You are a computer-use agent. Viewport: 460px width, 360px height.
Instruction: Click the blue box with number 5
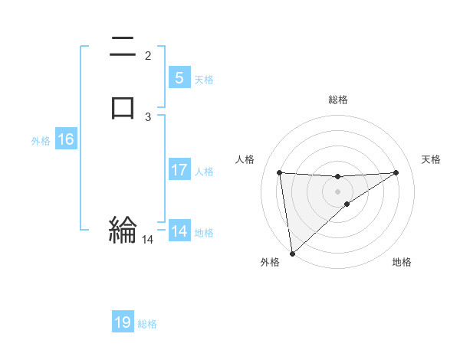click(x=179, y=77)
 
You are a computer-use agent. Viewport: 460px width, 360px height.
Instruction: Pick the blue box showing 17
click(x=179, y=170)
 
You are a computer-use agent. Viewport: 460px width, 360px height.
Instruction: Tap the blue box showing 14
click(x=179, y=231)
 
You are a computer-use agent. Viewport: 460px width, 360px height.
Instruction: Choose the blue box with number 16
click(x=66, y=139)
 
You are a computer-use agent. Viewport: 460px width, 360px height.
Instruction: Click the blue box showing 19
click(x=123, y=322)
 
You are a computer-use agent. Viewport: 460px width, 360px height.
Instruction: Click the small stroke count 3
click(x=148, y=116)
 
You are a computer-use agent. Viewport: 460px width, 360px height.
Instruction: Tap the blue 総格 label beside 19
click(x=147, y=324)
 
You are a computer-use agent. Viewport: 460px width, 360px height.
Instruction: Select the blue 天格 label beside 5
click(x=204, y=79)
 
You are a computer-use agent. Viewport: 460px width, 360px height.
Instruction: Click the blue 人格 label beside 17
click(x=204, y=172)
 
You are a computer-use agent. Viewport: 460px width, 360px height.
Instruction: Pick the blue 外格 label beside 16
click(x=41, y=141)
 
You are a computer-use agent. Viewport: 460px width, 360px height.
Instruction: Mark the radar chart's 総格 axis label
click(x=338, y=100)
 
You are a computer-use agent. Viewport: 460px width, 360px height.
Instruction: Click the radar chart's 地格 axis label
click(x=402, y=262)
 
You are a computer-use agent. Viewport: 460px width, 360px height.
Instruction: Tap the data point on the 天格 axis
click(x=396, y=172)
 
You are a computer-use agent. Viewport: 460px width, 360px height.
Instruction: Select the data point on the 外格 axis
click(x=292, y=254)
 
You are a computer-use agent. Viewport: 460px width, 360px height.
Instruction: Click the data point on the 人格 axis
click(x=280, y=172)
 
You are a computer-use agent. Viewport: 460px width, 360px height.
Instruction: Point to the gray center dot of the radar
click(x=338, y=190)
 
